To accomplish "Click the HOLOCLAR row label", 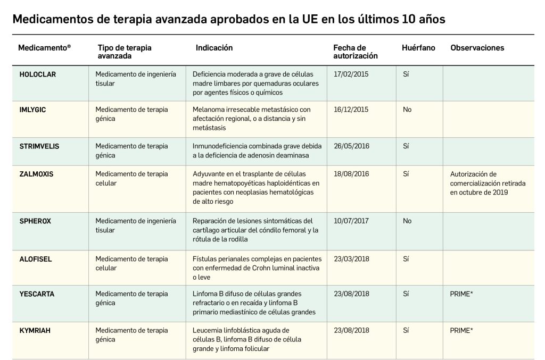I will tap(37, 74).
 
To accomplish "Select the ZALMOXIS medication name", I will tap(36, 174).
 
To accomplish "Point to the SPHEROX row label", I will tap(35, 221).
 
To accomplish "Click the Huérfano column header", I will tap(418, 48).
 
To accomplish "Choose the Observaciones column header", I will tap(477, 48).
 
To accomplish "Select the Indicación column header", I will tap(214, 48).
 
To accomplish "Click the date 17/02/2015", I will tap(351, 74).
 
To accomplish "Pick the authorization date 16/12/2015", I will tap(351, 110).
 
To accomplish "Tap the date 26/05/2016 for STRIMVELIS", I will tap(351, 146).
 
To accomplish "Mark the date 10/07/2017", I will tap(351, 221).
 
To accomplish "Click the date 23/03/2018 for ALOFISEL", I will tap(351, 259).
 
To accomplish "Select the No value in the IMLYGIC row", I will tap(407, 110).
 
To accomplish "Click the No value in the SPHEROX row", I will tap(407, 221).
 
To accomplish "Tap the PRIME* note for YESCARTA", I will tap(461, 294).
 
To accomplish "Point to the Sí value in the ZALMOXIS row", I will tap(406, 174).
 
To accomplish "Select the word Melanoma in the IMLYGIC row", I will tap(209, 110).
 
